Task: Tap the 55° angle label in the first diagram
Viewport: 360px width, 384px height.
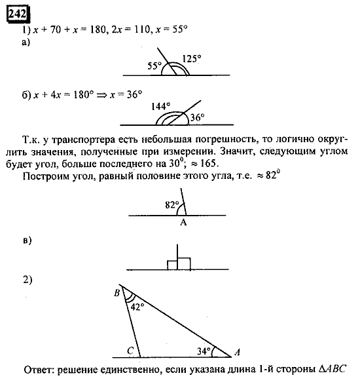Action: [x=154, y=66]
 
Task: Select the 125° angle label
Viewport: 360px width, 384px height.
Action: [x=192, y=58]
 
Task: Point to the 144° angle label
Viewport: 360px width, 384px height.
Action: [x=160, y=106]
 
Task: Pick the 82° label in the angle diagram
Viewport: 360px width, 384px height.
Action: [x=172, y=204]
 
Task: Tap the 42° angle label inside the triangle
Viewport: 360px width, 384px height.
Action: [x=136, y=306]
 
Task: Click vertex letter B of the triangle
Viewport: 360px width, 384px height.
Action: [x=116, y=293]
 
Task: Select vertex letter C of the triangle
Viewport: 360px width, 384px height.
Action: [x=130, y=351]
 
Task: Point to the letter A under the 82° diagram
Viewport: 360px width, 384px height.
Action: [x=183, y=223]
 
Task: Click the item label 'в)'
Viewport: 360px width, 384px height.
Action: [x=27, y=241]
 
